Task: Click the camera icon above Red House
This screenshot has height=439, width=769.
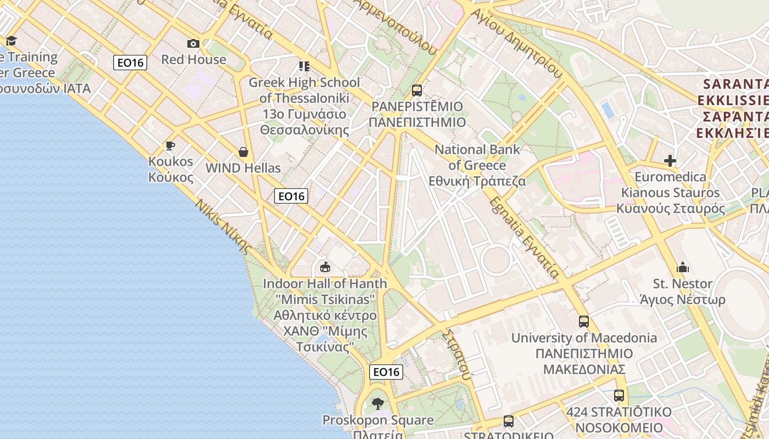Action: (193, 43)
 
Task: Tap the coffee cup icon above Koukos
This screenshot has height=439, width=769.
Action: (170, 145)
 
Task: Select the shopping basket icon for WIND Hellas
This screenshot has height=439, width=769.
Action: (243, 152)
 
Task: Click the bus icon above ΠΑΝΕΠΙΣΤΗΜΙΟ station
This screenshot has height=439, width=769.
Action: (417, 90)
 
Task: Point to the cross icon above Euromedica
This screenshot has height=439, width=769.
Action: (670, 161)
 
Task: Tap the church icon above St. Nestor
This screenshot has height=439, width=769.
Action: (683, 267)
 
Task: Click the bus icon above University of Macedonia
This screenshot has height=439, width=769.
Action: (584, 321)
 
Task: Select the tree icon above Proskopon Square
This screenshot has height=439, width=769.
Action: (377, 404)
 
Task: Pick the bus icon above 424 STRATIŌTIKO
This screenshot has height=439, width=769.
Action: (619, 395)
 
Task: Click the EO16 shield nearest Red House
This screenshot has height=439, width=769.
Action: (130, 63)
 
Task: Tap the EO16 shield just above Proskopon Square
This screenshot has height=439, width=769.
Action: (386, 372)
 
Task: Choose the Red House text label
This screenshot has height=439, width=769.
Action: (193, 59)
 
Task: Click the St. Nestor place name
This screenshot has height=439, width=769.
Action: (682, 284)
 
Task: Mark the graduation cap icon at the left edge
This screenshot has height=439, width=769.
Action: (11, 41)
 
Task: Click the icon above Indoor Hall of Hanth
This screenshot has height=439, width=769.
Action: (325, 267)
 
